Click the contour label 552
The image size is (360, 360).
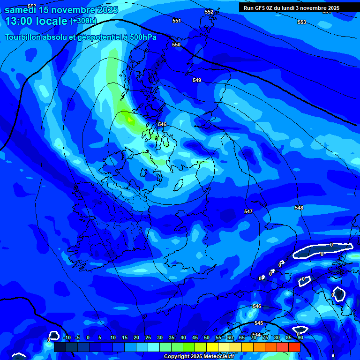[x=209, y=12]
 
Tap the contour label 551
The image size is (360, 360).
[x=176, y=21]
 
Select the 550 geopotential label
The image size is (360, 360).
[x=176, y=45]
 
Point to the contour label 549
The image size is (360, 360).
[x=197, y=80]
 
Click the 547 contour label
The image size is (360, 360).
[x=248, y=211]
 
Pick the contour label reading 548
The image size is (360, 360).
[x=299, y=208]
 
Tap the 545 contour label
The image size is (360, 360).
[x=259, y=323]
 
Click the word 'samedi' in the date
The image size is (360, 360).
[x=20, y=10]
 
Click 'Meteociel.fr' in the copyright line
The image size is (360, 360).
[x=218, y=356]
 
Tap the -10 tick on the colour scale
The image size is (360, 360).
[x=67, y=337]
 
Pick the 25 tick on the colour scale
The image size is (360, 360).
[x=148, y=337]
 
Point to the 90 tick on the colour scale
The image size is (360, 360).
[x=300, y=337]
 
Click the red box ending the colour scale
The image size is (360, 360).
[x=294, y=347]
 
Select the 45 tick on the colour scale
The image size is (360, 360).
[x=195, y=337]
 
